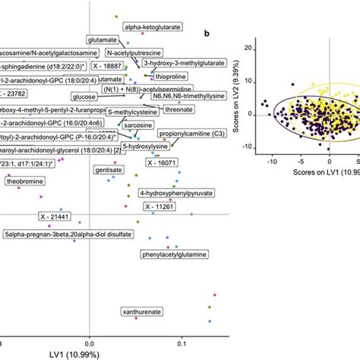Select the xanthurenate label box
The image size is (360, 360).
pyautogui.click(x=141, y=311)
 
